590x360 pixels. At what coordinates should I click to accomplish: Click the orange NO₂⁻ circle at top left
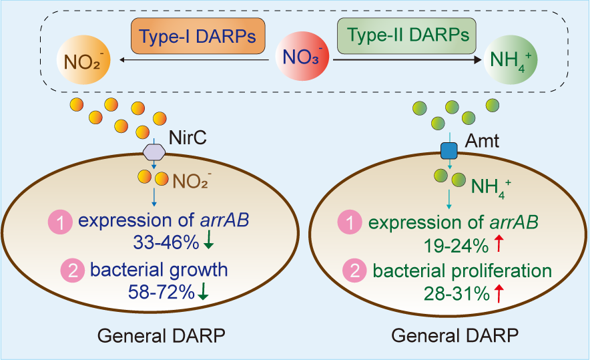[x=82, y=63]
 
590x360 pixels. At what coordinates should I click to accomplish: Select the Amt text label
[x=481, y=140]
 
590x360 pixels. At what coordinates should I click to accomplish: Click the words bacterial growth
[x=159, y=271]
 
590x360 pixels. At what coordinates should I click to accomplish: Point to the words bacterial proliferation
[x=463, y=271]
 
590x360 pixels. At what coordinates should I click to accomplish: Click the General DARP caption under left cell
[x=161, y=336]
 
